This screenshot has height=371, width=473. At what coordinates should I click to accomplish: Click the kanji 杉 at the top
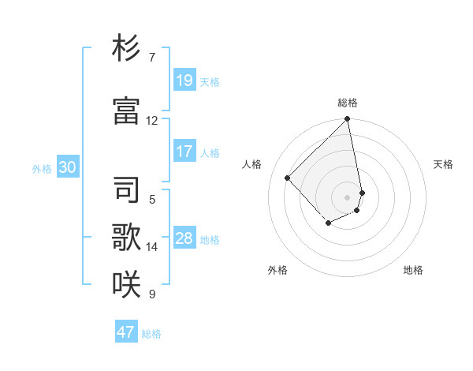point(126,48)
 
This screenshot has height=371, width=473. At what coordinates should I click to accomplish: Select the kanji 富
point(126,111)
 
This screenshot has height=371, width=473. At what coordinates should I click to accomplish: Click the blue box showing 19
point(184,81)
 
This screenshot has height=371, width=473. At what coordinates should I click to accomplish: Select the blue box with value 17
point(184,152)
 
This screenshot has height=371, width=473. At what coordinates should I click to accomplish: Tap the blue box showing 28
point(184,238)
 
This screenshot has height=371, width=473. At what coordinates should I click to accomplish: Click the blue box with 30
point(67,167)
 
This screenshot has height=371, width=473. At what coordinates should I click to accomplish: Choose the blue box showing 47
point(126,332)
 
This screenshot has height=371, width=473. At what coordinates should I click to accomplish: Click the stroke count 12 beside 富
point(152,121)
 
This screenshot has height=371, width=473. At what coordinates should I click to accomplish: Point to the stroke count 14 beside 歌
point(152,247)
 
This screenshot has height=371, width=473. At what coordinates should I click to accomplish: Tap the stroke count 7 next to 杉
point(152,58)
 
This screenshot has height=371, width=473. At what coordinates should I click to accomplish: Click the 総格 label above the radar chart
point(348,103)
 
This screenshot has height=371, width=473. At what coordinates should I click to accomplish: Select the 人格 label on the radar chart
point(252,164)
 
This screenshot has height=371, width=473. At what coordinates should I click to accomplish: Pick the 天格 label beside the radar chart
point(443,164)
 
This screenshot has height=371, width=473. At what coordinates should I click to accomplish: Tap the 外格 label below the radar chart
point(277,270)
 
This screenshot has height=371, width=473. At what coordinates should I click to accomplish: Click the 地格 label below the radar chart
point(413,270)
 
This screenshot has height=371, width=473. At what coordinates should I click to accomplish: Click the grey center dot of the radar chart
point(348,197)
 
